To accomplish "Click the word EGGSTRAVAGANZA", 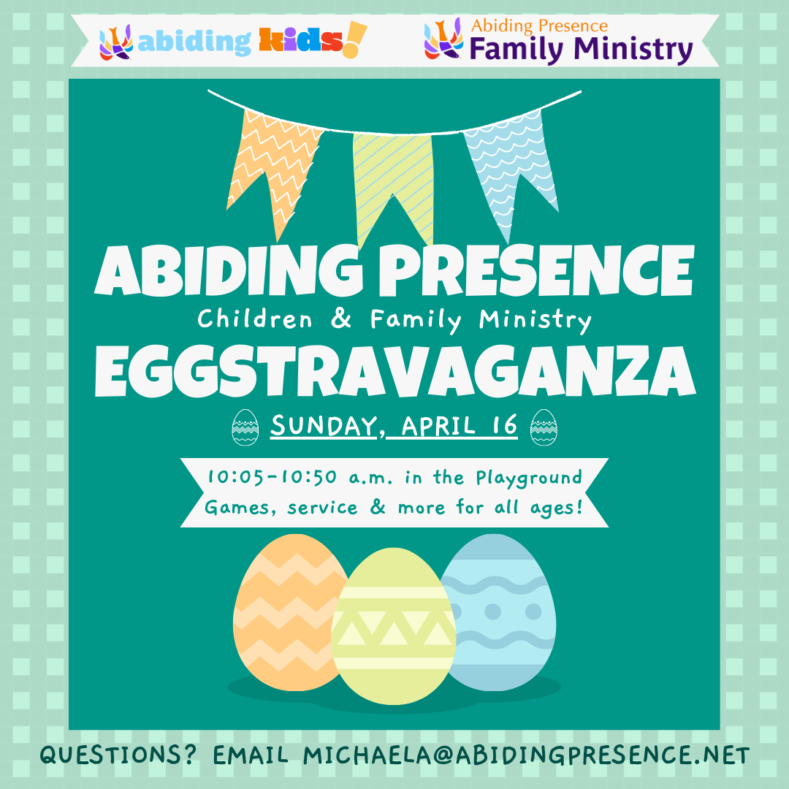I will [x=394, y=370].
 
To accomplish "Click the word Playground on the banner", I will [x=529, y=478].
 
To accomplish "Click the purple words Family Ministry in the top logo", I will [x=580, y=50].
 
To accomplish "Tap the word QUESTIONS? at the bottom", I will [x=118, y=755].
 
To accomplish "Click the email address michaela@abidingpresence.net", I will [x=526, y=755].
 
